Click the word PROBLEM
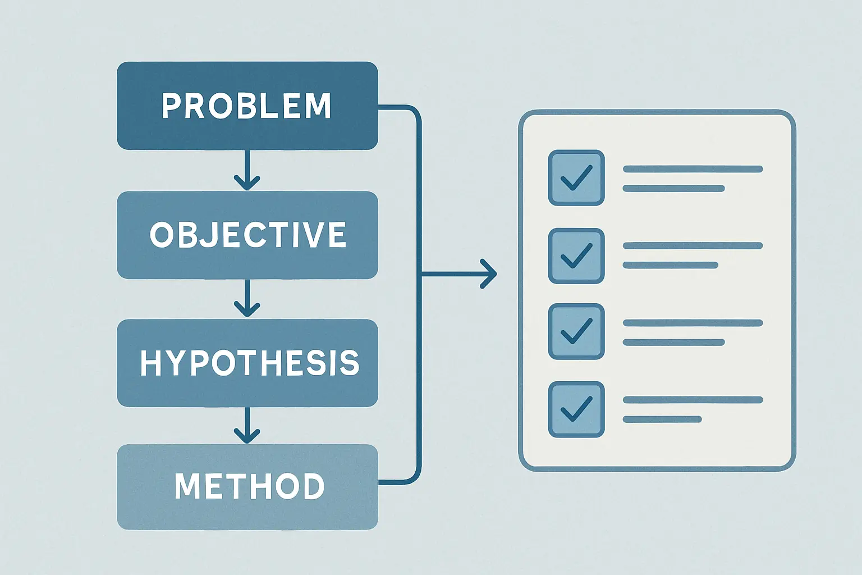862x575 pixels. (246, 106)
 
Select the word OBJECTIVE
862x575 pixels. (248, 235)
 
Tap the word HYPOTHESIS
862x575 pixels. (249, 363)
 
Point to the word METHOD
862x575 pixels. (249, 486)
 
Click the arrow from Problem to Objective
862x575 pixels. (247, 170)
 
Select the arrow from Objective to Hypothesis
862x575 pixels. (247, 298)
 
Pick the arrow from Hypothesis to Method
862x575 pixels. (247, 425)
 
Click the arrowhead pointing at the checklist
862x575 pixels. (489, 274)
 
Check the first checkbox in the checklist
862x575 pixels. (576, 177)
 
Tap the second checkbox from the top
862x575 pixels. (576, 256)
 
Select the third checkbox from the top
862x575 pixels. (576, 332)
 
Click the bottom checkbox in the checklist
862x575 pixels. (576, 409)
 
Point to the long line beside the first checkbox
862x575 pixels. (693, 169)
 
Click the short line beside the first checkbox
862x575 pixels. (674, 188)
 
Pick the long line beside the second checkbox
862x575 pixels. (693, 246)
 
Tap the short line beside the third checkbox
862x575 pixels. (674, 342)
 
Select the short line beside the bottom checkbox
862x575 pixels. (662, 419)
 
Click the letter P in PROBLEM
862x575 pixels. (171, 106)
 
